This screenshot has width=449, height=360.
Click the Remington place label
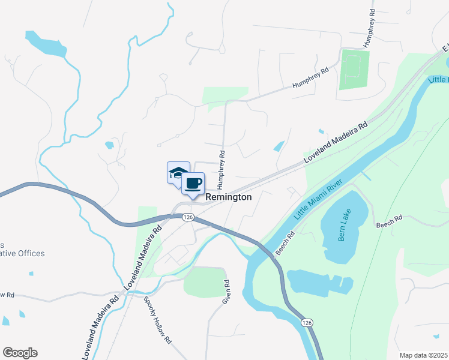coord(228,197)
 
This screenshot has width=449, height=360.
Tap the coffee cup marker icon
coord(193,183)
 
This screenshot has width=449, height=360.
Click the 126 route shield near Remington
coord(188,217)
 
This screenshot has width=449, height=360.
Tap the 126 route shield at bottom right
coord(307,323)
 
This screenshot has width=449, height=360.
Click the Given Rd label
coord(227,291)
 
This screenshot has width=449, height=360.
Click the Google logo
coord(20,353)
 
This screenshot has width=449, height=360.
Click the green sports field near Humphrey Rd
coord(354,70)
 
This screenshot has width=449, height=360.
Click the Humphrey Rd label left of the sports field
coord(311,79)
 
